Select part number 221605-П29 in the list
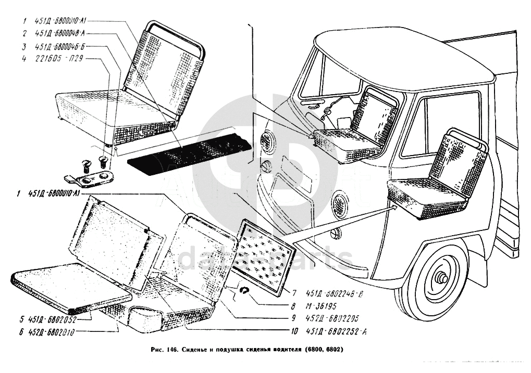click(x=58, y=58)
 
